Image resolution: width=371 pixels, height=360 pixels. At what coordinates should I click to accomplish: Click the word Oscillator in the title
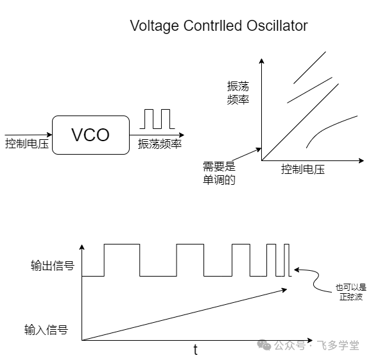click(277, 26)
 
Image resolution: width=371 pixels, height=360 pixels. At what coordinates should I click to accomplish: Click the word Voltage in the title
click(154, 26)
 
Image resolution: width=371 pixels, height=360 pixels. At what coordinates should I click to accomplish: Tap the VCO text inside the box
click(91, 135)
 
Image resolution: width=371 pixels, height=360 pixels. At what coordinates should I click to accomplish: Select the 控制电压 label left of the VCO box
click(27, 144)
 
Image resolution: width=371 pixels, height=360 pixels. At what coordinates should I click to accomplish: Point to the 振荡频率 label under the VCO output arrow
click(160, 144)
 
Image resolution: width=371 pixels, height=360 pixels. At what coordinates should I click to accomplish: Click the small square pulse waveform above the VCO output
click(157, 119)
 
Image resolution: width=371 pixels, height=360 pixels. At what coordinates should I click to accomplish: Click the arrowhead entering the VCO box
click(49, 135)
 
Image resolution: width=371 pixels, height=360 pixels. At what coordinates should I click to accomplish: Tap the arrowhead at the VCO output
click(182, 135)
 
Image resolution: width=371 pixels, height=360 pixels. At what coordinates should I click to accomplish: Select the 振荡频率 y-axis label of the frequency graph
click(238, 92)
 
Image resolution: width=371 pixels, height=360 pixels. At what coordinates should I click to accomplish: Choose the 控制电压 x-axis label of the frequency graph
click(303, 169)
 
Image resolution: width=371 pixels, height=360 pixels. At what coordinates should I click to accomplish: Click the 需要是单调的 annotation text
click(219, 173)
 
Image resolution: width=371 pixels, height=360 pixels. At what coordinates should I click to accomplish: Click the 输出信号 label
click(53, 266)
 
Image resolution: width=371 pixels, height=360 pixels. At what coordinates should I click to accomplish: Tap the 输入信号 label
click(46, 329)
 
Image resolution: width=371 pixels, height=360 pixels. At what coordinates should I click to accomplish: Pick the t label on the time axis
click(195, 350)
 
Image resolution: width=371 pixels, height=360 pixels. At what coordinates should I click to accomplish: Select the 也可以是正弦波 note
click(351, 292)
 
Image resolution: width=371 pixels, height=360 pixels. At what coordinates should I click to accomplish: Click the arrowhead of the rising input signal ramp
click(284, 290)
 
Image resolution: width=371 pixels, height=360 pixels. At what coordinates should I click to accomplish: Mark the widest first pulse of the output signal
click(122, 244)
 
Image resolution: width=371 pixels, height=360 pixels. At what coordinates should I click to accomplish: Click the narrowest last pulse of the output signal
click(286, 244)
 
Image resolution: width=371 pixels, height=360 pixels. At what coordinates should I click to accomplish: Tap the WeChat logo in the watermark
click(264, 345)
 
